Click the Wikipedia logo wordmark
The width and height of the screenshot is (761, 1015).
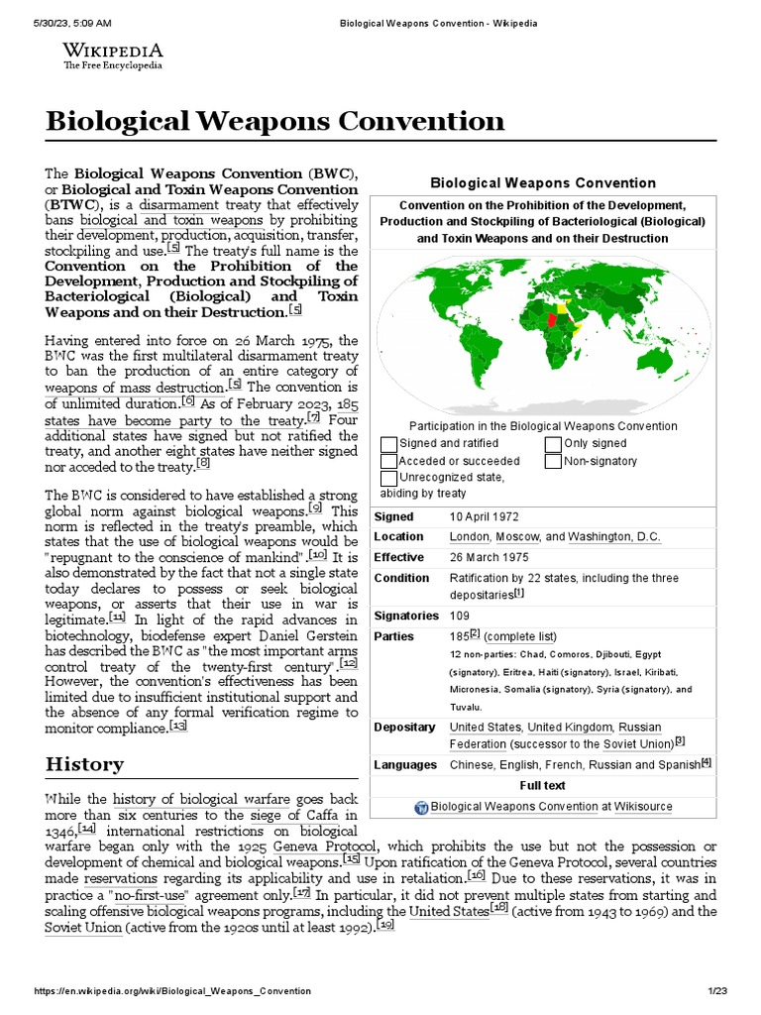point(113,51)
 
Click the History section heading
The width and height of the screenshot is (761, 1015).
point(84,764)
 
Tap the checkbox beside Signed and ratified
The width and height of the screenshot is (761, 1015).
point(388,444)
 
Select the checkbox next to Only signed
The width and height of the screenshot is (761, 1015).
point(553,444)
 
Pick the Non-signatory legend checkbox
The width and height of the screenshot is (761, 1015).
point(553,461)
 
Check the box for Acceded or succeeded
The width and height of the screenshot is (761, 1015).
point(388,461)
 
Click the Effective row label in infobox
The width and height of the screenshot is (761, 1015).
point(398,557)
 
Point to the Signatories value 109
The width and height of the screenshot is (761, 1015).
point(460,616)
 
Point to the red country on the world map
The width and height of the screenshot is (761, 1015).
point(551,319)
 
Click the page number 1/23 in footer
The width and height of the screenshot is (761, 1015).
point(717,991)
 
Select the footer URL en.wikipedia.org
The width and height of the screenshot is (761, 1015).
point(172,991)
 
